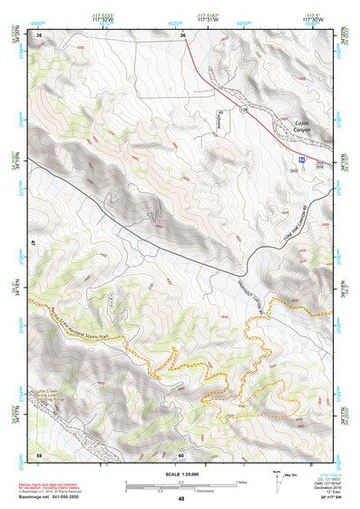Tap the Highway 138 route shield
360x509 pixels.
click(244, 109)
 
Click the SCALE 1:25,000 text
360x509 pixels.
click(181, 474)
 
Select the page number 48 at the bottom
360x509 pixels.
click(181, 499)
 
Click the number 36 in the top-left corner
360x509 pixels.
click(39, 34)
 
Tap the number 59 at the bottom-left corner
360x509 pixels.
click(39, 454)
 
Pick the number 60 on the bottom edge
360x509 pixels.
click(181, 455)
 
